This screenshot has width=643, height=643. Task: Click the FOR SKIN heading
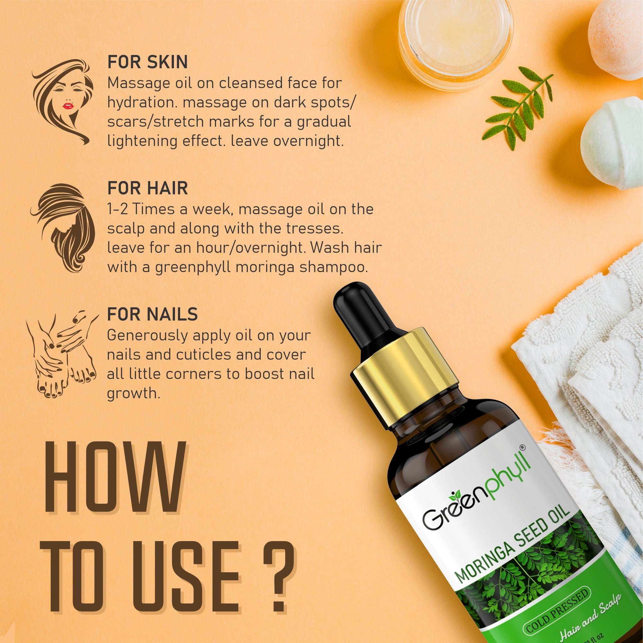148,62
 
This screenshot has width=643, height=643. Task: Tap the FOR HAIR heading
148,188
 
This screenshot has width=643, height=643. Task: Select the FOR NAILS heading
152,314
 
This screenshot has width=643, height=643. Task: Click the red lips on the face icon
68,106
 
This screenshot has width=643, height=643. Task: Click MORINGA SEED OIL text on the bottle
512,546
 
